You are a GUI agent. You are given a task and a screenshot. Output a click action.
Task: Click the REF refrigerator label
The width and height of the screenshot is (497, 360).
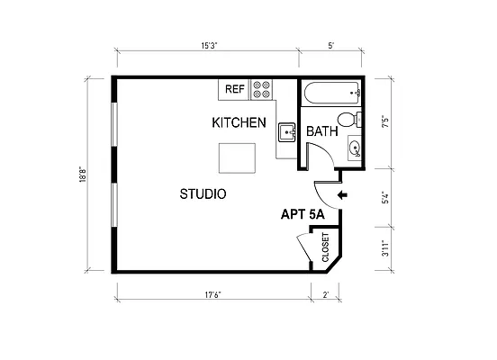pos(235,89)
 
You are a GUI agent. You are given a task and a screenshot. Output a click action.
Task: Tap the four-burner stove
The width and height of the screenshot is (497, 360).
pos(262,89)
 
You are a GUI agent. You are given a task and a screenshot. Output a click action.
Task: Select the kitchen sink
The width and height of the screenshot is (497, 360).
pos(286,132)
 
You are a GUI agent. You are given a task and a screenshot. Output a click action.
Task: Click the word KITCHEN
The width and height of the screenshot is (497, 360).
pos(239,122)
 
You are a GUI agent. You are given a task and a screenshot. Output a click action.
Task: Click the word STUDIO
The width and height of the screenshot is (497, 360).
pos(203,193)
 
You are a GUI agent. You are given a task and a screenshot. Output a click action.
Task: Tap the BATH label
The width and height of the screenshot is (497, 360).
pos(322,131)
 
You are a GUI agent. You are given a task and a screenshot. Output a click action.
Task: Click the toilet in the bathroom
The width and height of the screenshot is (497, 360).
pos(347,121)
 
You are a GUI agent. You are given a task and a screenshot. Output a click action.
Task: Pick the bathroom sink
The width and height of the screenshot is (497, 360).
pos(354,148)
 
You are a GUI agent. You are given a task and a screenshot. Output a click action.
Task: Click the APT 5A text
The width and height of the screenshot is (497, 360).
pos(304,214)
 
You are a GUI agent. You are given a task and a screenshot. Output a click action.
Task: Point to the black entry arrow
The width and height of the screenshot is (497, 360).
pos(343,194)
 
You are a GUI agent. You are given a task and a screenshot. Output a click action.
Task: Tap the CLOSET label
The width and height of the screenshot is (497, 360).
pos(325,247)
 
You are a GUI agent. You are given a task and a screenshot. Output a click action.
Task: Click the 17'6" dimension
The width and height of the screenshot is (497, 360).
pos(213,294)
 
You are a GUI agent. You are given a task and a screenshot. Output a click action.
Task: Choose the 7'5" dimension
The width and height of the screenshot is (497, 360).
pos(386,122)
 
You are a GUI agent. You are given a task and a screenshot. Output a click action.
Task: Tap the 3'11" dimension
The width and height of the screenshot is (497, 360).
pos(386,249)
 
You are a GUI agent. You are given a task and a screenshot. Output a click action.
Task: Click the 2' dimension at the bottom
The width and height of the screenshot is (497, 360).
pos(326,294)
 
